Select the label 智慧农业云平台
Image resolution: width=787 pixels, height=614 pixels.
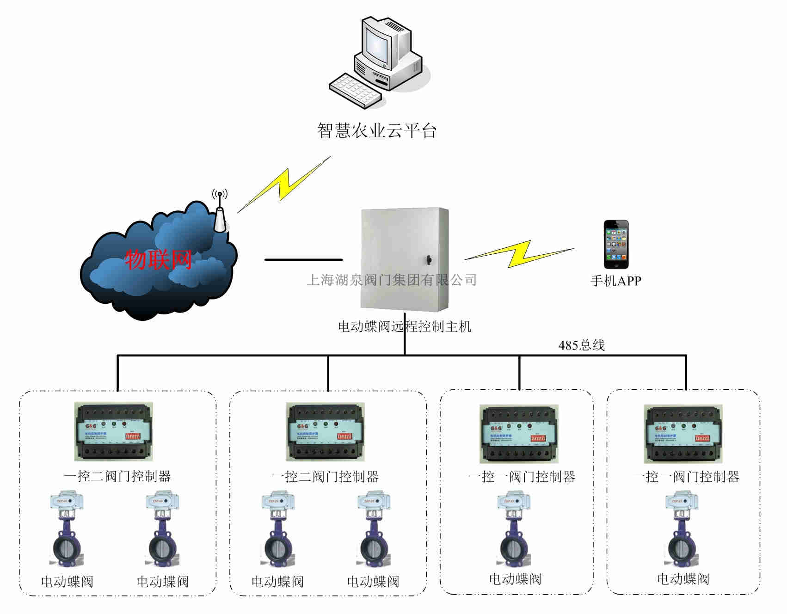pos(377,131)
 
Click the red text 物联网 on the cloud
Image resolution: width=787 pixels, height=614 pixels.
pos(159,259)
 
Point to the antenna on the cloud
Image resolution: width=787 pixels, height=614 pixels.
pos(220,213)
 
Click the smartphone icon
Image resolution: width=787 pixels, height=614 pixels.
pos(616,244)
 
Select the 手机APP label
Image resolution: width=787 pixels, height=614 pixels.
pos(616,281)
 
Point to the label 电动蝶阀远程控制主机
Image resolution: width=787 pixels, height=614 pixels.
pos(405,327)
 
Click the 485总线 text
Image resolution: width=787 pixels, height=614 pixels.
pos(581,345)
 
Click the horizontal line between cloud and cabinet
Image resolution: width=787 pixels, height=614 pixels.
pos(303,260)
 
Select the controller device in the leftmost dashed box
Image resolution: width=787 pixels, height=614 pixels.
pos(114,431)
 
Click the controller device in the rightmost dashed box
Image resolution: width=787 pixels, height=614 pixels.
pos(683,434)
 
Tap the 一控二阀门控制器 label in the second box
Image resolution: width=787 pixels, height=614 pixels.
pos(325,477)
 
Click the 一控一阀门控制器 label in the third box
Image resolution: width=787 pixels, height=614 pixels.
pos(522,477)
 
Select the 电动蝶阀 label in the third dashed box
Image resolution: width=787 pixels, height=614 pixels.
pos(515,579)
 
